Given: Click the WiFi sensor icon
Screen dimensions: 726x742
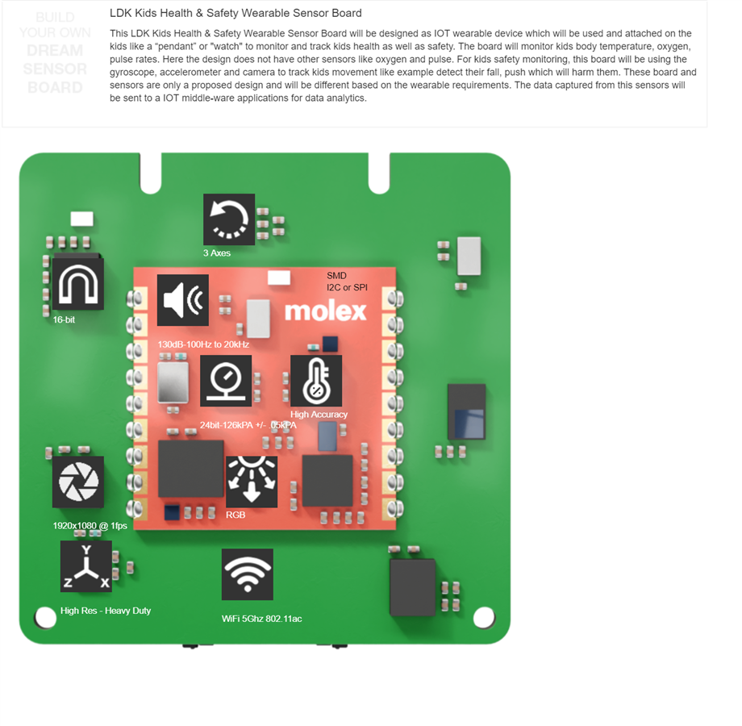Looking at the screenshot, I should click(x=247, y=574).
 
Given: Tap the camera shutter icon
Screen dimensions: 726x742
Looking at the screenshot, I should click(x=78, y=482).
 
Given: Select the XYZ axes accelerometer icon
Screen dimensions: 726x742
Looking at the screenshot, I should click(x=86, y=566).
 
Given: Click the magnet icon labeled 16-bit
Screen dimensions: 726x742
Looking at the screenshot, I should click(x=78, y=284).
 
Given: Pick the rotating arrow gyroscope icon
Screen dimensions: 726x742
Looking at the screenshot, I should click(x=229, y=219).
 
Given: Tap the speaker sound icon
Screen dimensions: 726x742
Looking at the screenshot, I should click(x=183, y=300).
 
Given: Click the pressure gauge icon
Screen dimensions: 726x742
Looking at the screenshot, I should click(x=226, y=380).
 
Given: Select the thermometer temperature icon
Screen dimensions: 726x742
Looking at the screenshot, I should click(x=316, y=381).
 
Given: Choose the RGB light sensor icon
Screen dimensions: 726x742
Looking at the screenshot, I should click(x=251, y=482).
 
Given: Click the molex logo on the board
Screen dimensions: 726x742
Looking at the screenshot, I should click(x=325, y=311).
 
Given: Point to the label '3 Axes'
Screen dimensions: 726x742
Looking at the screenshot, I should click(x=217, y=253).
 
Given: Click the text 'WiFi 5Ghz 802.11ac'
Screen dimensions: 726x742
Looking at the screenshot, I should click(x=262, y=619).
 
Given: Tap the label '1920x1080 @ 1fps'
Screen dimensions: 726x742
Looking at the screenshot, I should click(x=90, y=526).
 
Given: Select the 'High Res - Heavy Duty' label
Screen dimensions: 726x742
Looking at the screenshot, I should click(x=106, y=611).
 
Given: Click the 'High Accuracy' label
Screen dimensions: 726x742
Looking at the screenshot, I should click(x=319, y=415).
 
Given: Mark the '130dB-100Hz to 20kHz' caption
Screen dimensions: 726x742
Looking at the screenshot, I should click(x=203, y=344).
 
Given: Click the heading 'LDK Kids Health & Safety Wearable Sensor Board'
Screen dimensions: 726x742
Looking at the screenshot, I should click(x=236, y=13).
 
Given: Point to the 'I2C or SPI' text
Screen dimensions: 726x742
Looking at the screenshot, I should click(x=347, y=287).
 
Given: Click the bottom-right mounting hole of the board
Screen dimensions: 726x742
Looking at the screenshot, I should click(x=483, y=618).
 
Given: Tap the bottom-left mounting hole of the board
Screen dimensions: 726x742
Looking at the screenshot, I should click(x=45, y=618).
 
